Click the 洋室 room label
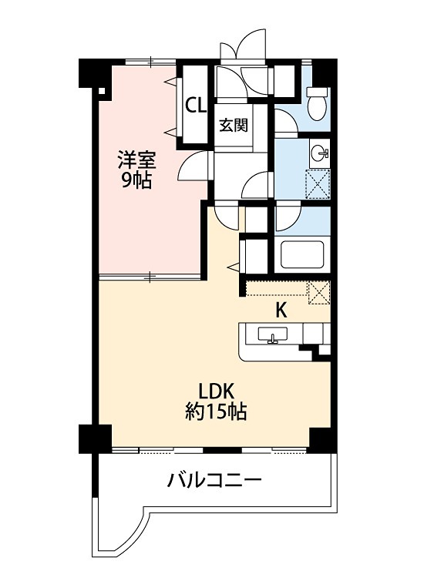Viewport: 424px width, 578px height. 136,161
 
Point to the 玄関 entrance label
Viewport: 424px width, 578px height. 232,125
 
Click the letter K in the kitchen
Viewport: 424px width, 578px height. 282,311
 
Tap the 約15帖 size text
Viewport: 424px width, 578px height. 216,412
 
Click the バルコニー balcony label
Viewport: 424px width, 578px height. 215,482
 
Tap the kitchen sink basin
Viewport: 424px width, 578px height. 271,335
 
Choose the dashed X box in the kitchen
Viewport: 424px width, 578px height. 318,294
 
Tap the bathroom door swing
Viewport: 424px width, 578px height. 286,219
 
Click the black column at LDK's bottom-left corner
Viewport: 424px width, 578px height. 89,438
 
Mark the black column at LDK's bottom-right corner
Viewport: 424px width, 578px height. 319,438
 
